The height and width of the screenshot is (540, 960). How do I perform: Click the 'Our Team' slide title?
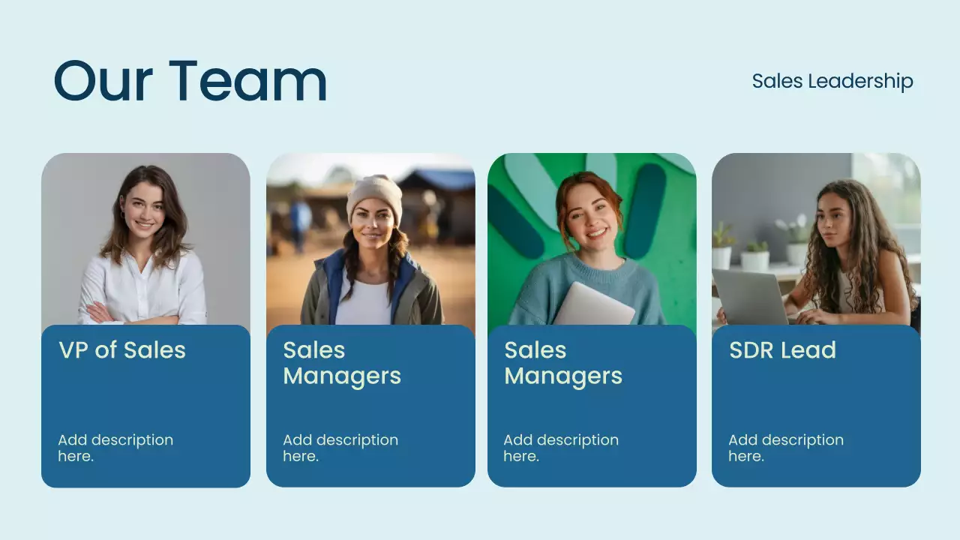point(190,80)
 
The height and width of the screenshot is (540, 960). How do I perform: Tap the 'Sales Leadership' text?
point(832,81)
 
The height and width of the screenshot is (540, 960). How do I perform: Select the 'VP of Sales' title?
point(122,350)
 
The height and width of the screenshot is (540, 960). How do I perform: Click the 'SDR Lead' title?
point(782,350)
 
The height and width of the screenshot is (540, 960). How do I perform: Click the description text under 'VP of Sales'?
point(115,448)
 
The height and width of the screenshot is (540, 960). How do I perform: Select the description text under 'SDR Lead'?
point(786,448)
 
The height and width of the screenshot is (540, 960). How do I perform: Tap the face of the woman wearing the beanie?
point(373,223)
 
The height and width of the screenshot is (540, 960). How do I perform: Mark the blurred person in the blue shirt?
point(301,218)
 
